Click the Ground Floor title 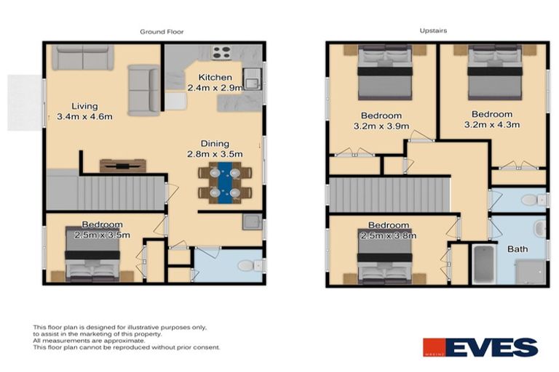pyautogui.click(x=162, y=32)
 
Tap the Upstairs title pyautogui.click(x=432, y=31)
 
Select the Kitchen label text pyautogui.click(x=215, y=77)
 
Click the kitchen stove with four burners pyautogui.click(x=221, y=52)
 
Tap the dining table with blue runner pyautogui.click(x=225, y=182)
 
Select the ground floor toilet pyautogui.click(x=246, y=265)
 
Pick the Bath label pyautogui.click(x=518, y=249)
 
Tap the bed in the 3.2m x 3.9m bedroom pyautogui.click(x=384, y=75)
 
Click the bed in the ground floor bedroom pyautogui.click(x=92, y=254)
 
